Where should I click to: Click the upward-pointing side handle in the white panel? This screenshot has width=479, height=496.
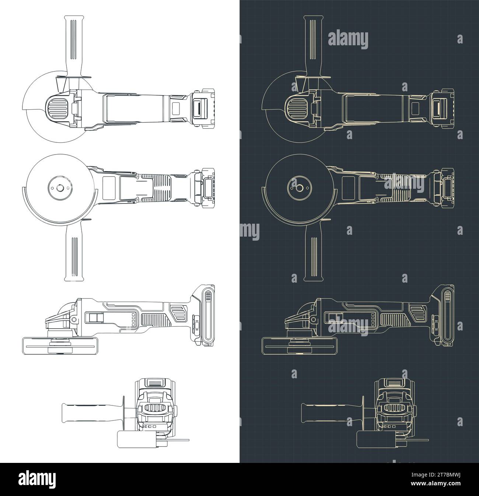(x=73, y=44)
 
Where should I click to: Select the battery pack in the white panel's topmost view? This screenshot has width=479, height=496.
(x=203, y=110)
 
